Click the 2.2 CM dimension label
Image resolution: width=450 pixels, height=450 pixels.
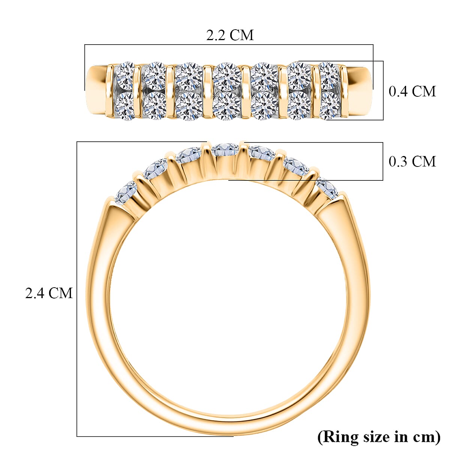click(x=230, y=35)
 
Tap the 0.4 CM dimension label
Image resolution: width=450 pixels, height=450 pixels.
click(x=412, y=91)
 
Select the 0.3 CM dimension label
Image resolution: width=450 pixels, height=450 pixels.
click(x=412, y=161)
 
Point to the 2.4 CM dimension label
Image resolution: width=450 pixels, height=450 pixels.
click(x=49, y=293)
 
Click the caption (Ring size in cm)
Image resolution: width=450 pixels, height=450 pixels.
click(x=379, y=436)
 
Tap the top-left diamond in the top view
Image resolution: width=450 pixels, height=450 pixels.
click(x=124, y=75)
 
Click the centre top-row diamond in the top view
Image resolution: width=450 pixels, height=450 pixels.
click(x=227, y=76)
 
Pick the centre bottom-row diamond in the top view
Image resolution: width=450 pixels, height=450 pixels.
click(x=227, y=106)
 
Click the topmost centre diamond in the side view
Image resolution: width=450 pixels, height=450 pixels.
click(x=225, y=150)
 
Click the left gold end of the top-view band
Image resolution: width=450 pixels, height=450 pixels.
click(x=97, y=90)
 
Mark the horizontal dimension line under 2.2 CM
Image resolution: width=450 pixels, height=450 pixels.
click(x=229, y=45)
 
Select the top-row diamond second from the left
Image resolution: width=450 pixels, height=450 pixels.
click(x=154, y=76)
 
